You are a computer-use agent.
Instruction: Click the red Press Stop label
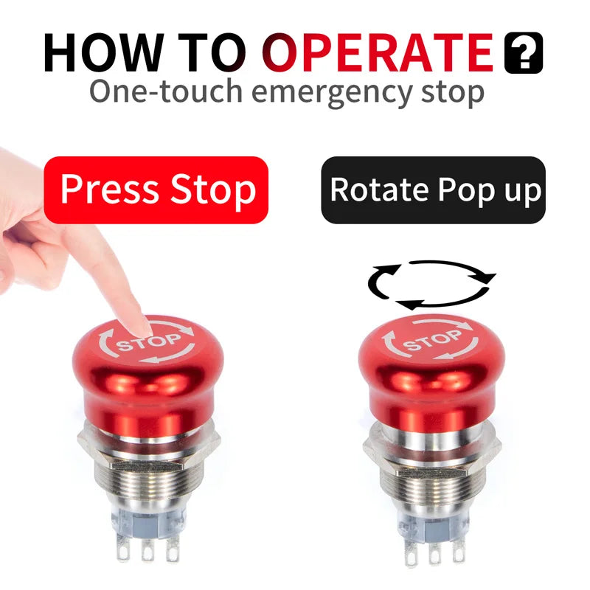click(x=156, y=190)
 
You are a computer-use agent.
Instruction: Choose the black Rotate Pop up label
click(x=434, y=190)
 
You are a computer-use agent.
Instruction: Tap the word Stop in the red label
click(x=213, y=190)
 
